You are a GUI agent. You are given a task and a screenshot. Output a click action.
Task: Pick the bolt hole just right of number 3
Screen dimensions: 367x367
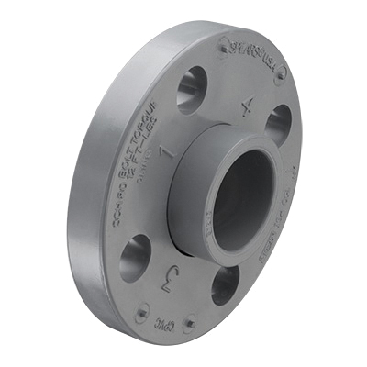(224, 284)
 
